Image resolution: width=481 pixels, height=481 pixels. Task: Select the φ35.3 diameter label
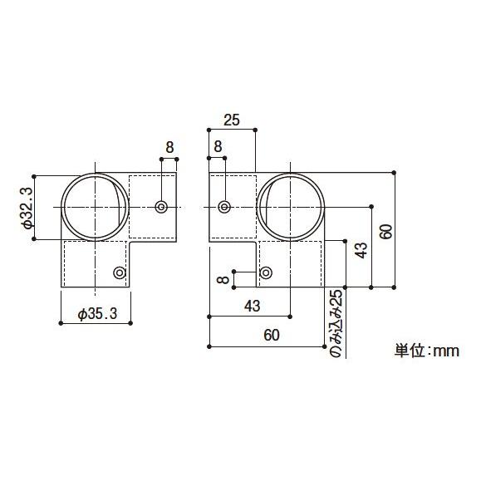click(96, 313)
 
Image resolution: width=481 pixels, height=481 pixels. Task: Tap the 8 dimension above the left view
click(169, 147)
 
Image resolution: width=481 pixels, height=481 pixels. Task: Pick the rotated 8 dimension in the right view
click(223, 280)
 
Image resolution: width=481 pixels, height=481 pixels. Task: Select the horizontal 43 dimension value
click(253, 306)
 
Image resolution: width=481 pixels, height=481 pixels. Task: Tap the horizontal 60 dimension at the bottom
click(271, 335)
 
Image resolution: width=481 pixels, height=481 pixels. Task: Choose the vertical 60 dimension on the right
click(385, 230)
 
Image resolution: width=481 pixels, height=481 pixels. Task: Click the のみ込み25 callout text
click(336, 324)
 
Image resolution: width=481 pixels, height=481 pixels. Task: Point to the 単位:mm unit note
click(426, 351)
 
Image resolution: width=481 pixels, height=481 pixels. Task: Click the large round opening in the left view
click(95, 206)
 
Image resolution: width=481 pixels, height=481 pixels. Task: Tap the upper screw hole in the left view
click(161, 206)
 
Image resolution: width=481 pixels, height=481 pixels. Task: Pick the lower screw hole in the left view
click(120, 272)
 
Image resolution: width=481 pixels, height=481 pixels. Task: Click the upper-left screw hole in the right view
click(223, 206)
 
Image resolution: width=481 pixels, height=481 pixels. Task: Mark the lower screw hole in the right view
click(266, 272)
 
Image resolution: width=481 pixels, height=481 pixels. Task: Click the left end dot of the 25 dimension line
click(208, 130)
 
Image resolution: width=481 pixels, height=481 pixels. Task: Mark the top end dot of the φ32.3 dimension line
click(34, 174)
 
